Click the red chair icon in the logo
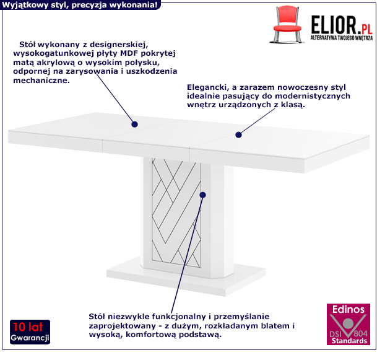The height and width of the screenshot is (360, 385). tap(287, 24)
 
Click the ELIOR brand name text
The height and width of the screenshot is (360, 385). tap(334, 25)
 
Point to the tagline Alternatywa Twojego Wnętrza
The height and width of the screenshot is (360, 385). tap(342, 38)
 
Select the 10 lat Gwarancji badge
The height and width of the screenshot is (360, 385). tap(30, 332)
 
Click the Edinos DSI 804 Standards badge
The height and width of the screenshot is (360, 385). tap(348, 324)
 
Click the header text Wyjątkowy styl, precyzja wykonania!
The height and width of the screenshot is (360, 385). tap(80, 5)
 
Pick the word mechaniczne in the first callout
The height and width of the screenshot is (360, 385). tap(41, 81)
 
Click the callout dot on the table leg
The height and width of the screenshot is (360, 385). tap(202, 195)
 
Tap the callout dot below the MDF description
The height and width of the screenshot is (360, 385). tap(134, 125)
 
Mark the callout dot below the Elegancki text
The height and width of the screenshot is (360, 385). tap(238, 134)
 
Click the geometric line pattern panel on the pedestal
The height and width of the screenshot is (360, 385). tap(176, 213)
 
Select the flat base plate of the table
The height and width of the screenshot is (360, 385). tap(186, 276)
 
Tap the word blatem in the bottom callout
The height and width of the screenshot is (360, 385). tap(275, 325)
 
